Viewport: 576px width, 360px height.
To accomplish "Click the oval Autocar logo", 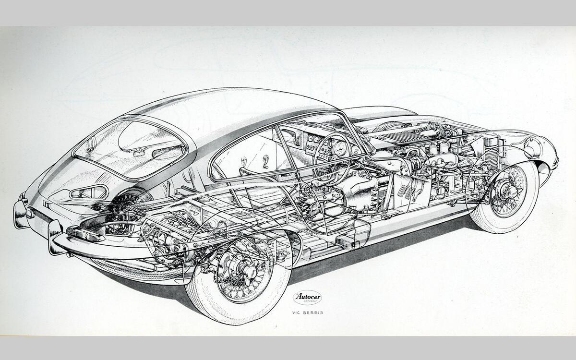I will point(307,298).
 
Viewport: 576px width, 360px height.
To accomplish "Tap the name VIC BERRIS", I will point(307,312).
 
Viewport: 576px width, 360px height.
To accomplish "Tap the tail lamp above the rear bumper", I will point(89,235).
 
